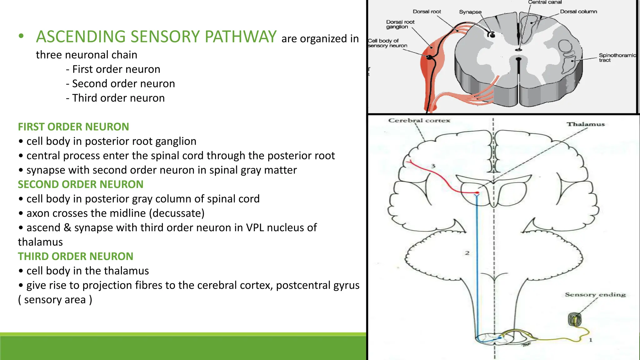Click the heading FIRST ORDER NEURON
(73, 127)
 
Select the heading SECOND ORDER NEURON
(81, 184)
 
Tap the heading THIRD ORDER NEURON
(76, 256)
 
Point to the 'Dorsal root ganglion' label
(400, 24)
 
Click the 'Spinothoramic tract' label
(617, 57)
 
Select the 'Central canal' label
(545, 2)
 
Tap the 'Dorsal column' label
(578, 12)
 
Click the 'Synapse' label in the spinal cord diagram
(470, 12)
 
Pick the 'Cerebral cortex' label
(419, 121)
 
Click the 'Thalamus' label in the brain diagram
(586, 124)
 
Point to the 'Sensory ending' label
(595, 295)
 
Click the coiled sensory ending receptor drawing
(575, 319)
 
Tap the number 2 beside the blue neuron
(467, 253)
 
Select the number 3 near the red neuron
(433, 166)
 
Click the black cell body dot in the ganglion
(430, 57)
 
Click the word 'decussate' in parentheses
(177, 213)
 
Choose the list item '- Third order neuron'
(115, 98)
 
